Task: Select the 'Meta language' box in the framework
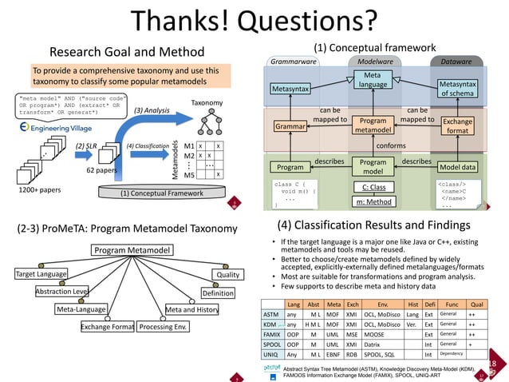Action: [x=372, y=80]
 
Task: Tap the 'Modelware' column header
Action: [x=372, y=61]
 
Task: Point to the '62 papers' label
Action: [x=102, y=170]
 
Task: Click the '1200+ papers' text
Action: [x=41, y=192]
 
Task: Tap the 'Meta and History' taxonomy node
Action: [x=191, y=309]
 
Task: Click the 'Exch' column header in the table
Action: [x=353, y=304]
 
